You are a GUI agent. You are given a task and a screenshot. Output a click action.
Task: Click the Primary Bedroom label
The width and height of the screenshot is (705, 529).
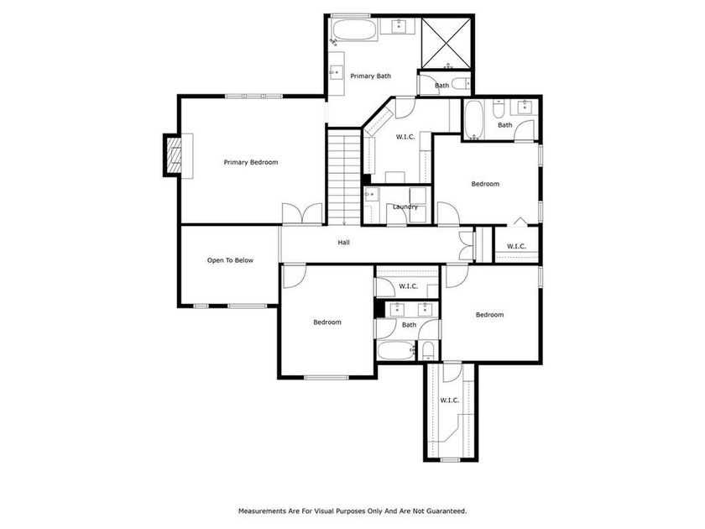point(251,162)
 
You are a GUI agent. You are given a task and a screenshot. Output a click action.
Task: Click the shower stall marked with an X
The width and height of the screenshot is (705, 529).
point(446,44)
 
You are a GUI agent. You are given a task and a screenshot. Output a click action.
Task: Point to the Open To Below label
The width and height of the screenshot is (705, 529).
point(230,260)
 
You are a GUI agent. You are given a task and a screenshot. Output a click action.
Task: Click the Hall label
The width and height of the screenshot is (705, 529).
point(344,243)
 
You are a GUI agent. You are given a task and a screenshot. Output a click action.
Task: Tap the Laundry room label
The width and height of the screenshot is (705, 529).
point(405,207)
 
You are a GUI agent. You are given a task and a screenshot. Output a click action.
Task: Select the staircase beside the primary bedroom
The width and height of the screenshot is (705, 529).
point(344,177)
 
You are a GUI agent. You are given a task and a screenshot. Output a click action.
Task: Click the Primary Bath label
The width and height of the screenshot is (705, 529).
point(370,76)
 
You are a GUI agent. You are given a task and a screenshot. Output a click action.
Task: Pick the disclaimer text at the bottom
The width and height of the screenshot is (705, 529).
point(352,511)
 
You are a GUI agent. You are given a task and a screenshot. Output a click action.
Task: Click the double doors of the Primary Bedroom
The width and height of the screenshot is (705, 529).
point(302,213)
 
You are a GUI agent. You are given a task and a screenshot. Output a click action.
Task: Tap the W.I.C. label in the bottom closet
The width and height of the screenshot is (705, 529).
point(450,400)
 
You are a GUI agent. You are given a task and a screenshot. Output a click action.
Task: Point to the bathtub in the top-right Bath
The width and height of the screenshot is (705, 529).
point(473,119)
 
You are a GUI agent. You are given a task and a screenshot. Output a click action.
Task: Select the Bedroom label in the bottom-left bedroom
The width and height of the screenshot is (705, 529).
point(327,322)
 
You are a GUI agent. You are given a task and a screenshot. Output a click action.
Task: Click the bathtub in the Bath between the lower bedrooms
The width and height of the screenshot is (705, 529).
point(395,350)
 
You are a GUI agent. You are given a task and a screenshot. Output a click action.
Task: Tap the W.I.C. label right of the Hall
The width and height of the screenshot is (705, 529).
point(516,246)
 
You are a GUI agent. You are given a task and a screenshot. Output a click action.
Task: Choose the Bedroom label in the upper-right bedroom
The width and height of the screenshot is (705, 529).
point(485,184)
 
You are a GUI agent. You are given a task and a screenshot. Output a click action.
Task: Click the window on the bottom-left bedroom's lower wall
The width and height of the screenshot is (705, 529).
point(326,377)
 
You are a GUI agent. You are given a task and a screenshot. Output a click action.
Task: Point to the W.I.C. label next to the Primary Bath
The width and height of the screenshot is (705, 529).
point(405,137)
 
